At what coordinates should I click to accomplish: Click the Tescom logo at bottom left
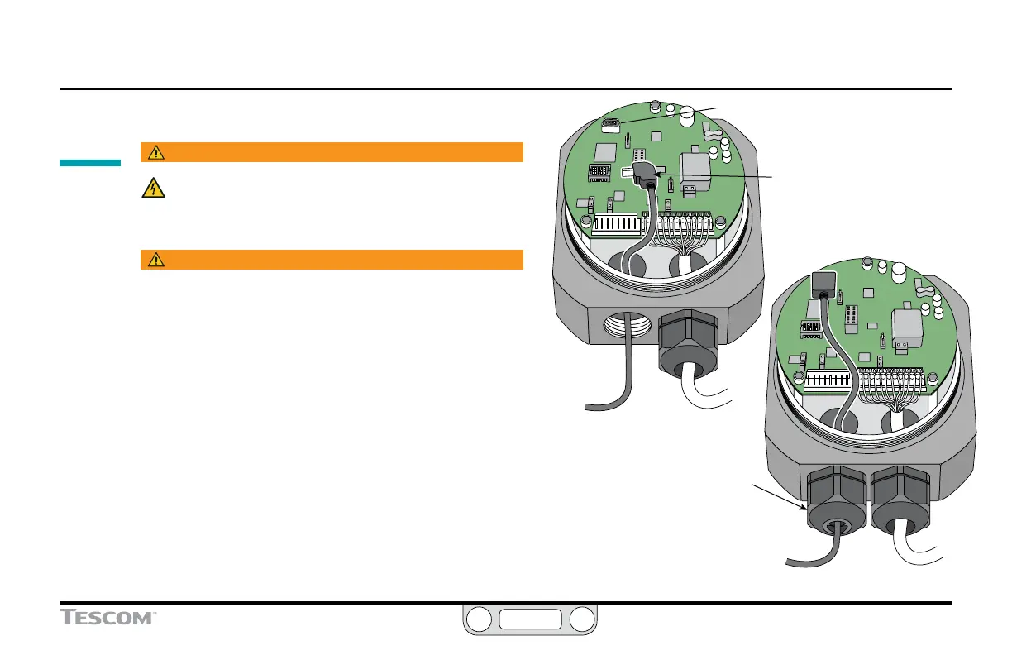pos(108,617)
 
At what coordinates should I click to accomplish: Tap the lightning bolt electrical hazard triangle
pos(152,189)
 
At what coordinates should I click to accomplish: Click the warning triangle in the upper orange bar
pos(154,152)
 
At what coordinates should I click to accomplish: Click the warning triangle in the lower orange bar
pos(154,260)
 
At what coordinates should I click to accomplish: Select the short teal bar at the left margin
pos(90,163)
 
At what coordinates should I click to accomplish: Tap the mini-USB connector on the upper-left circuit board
pos(611,125)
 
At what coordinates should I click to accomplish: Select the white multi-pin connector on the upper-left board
pos(616,223)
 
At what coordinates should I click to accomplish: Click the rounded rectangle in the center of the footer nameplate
pos(529,619)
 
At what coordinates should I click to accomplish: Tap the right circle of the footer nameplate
pos(581,619)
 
